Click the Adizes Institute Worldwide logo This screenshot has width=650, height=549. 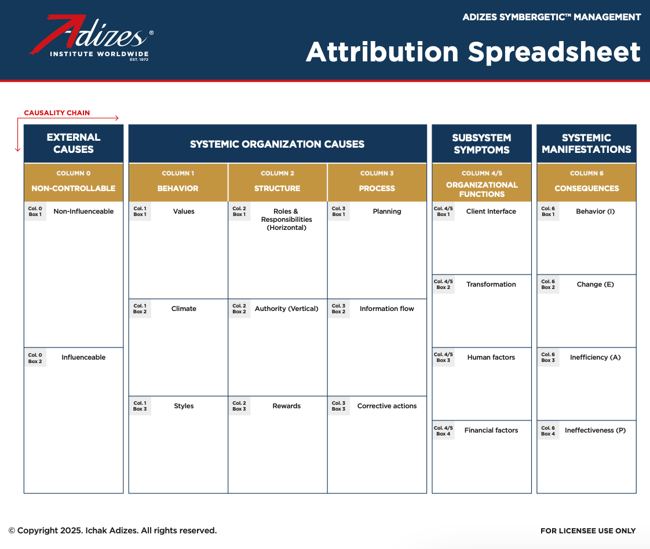click(91, 38)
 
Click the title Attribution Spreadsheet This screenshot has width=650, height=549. click(473, 53)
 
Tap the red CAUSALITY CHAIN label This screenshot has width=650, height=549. click(57, 113)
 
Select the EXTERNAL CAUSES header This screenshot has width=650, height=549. click(74, 144)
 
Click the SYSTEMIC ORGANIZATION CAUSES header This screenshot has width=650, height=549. click(277, 144)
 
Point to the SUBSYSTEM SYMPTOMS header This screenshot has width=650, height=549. click(481, 144)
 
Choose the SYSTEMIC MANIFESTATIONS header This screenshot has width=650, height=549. click(587, 144)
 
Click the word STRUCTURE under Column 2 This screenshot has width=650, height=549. click(277, 189)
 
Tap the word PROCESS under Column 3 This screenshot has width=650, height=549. click(377, 189)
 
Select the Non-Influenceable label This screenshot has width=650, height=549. click(83, 211)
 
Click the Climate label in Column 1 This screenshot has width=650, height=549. click(184, 309)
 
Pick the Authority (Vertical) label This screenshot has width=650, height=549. click(286, 309)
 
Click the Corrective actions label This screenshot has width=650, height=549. click(387, 406)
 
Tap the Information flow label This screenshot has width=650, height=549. click(387, 309)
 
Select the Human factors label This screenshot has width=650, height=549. click(491, 357)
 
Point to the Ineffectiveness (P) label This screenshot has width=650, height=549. click(596, 430)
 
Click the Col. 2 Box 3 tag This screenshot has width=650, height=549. click(239, 406)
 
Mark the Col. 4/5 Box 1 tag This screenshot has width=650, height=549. click(443, 211)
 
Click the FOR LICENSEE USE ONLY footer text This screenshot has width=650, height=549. click(588, 531)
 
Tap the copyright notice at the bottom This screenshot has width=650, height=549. click(113, 531)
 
